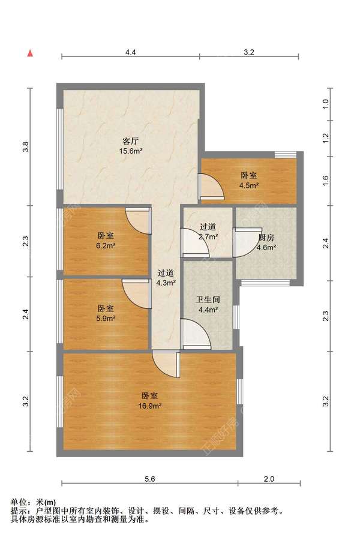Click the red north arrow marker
31,53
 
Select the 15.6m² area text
131,151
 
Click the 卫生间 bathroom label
208,299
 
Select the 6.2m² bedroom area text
106,245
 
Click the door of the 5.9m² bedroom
137,294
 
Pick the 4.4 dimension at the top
131,52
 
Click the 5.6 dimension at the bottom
150,479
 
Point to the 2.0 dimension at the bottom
269,479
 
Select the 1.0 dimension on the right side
326,104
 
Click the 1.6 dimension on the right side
326,181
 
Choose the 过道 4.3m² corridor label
166,278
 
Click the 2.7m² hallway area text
208,236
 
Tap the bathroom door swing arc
196,334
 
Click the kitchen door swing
247,242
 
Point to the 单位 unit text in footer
19,502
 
